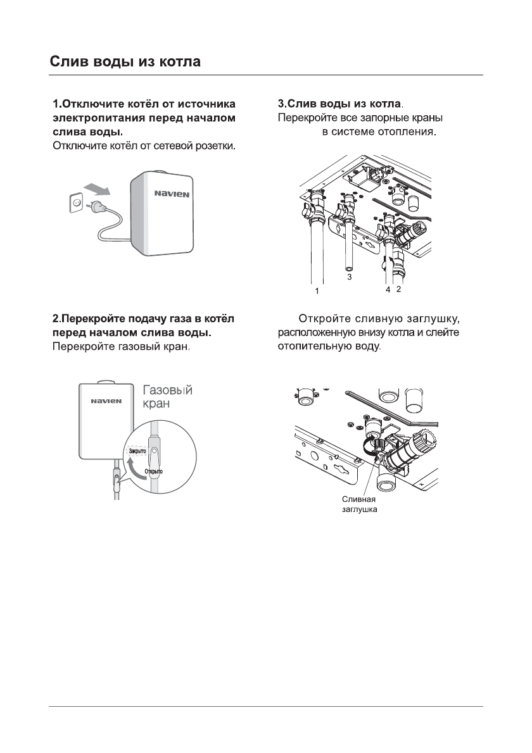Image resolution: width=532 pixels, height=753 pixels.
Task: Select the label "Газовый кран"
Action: (x=167, y=396)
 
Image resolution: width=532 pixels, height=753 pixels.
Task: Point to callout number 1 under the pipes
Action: (x=319, y=291)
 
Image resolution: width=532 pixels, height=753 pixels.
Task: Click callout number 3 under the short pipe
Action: (x=348, y=277)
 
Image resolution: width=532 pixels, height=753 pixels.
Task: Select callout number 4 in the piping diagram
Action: (x=388, y=289)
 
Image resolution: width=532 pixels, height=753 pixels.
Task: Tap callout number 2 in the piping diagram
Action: (x=399, y=289)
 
